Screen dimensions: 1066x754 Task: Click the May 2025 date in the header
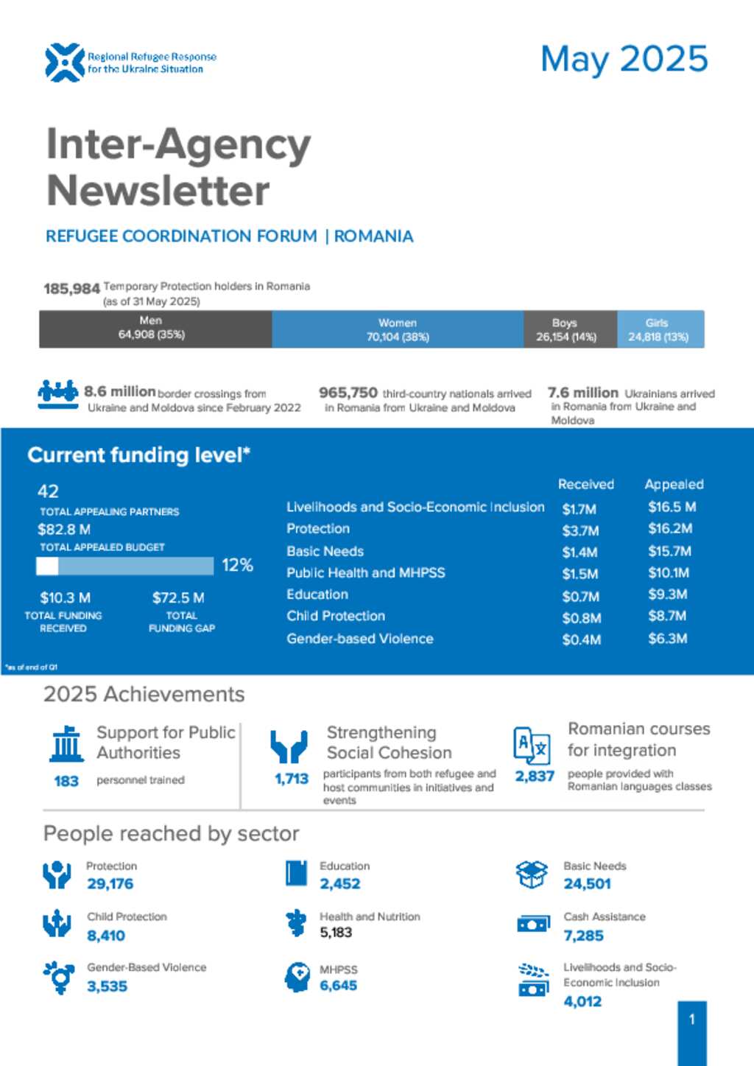624,60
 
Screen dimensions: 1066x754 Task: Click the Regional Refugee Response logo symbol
64,63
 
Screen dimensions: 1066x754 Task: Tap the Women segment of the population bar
398,329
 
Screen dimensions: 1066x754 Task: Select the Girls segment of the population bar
658,329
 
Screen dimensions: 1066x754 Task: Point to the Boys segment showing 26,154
565,329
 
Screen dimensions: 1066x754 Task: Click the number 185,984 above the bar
71,289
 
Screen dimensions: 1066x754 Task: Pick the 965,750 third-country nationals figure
348,393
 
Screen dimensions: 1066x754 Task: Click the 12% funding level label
237,565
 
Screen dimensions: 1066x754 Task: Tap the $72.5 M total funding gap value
178,597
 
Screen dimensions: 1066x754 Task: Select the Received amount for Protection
580,530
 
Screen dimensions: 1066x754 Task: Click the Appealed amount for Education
667,595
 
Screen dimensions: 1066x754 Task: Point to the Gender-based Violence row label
359,639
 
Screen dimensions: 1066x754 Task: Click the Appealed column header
674,484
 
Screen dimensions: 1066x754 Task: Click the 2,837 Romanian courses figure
535,776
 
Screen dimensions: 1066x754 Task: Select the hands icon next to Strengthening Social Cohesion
289,746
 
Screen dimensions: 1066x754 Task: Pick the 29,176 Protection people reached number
110,884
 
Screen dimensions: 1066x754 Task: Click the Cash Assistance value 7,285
583,936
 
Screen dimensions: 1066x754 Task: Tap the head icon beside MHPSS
297,977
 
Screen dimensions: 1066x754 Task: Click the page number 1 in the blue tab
691,1020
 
